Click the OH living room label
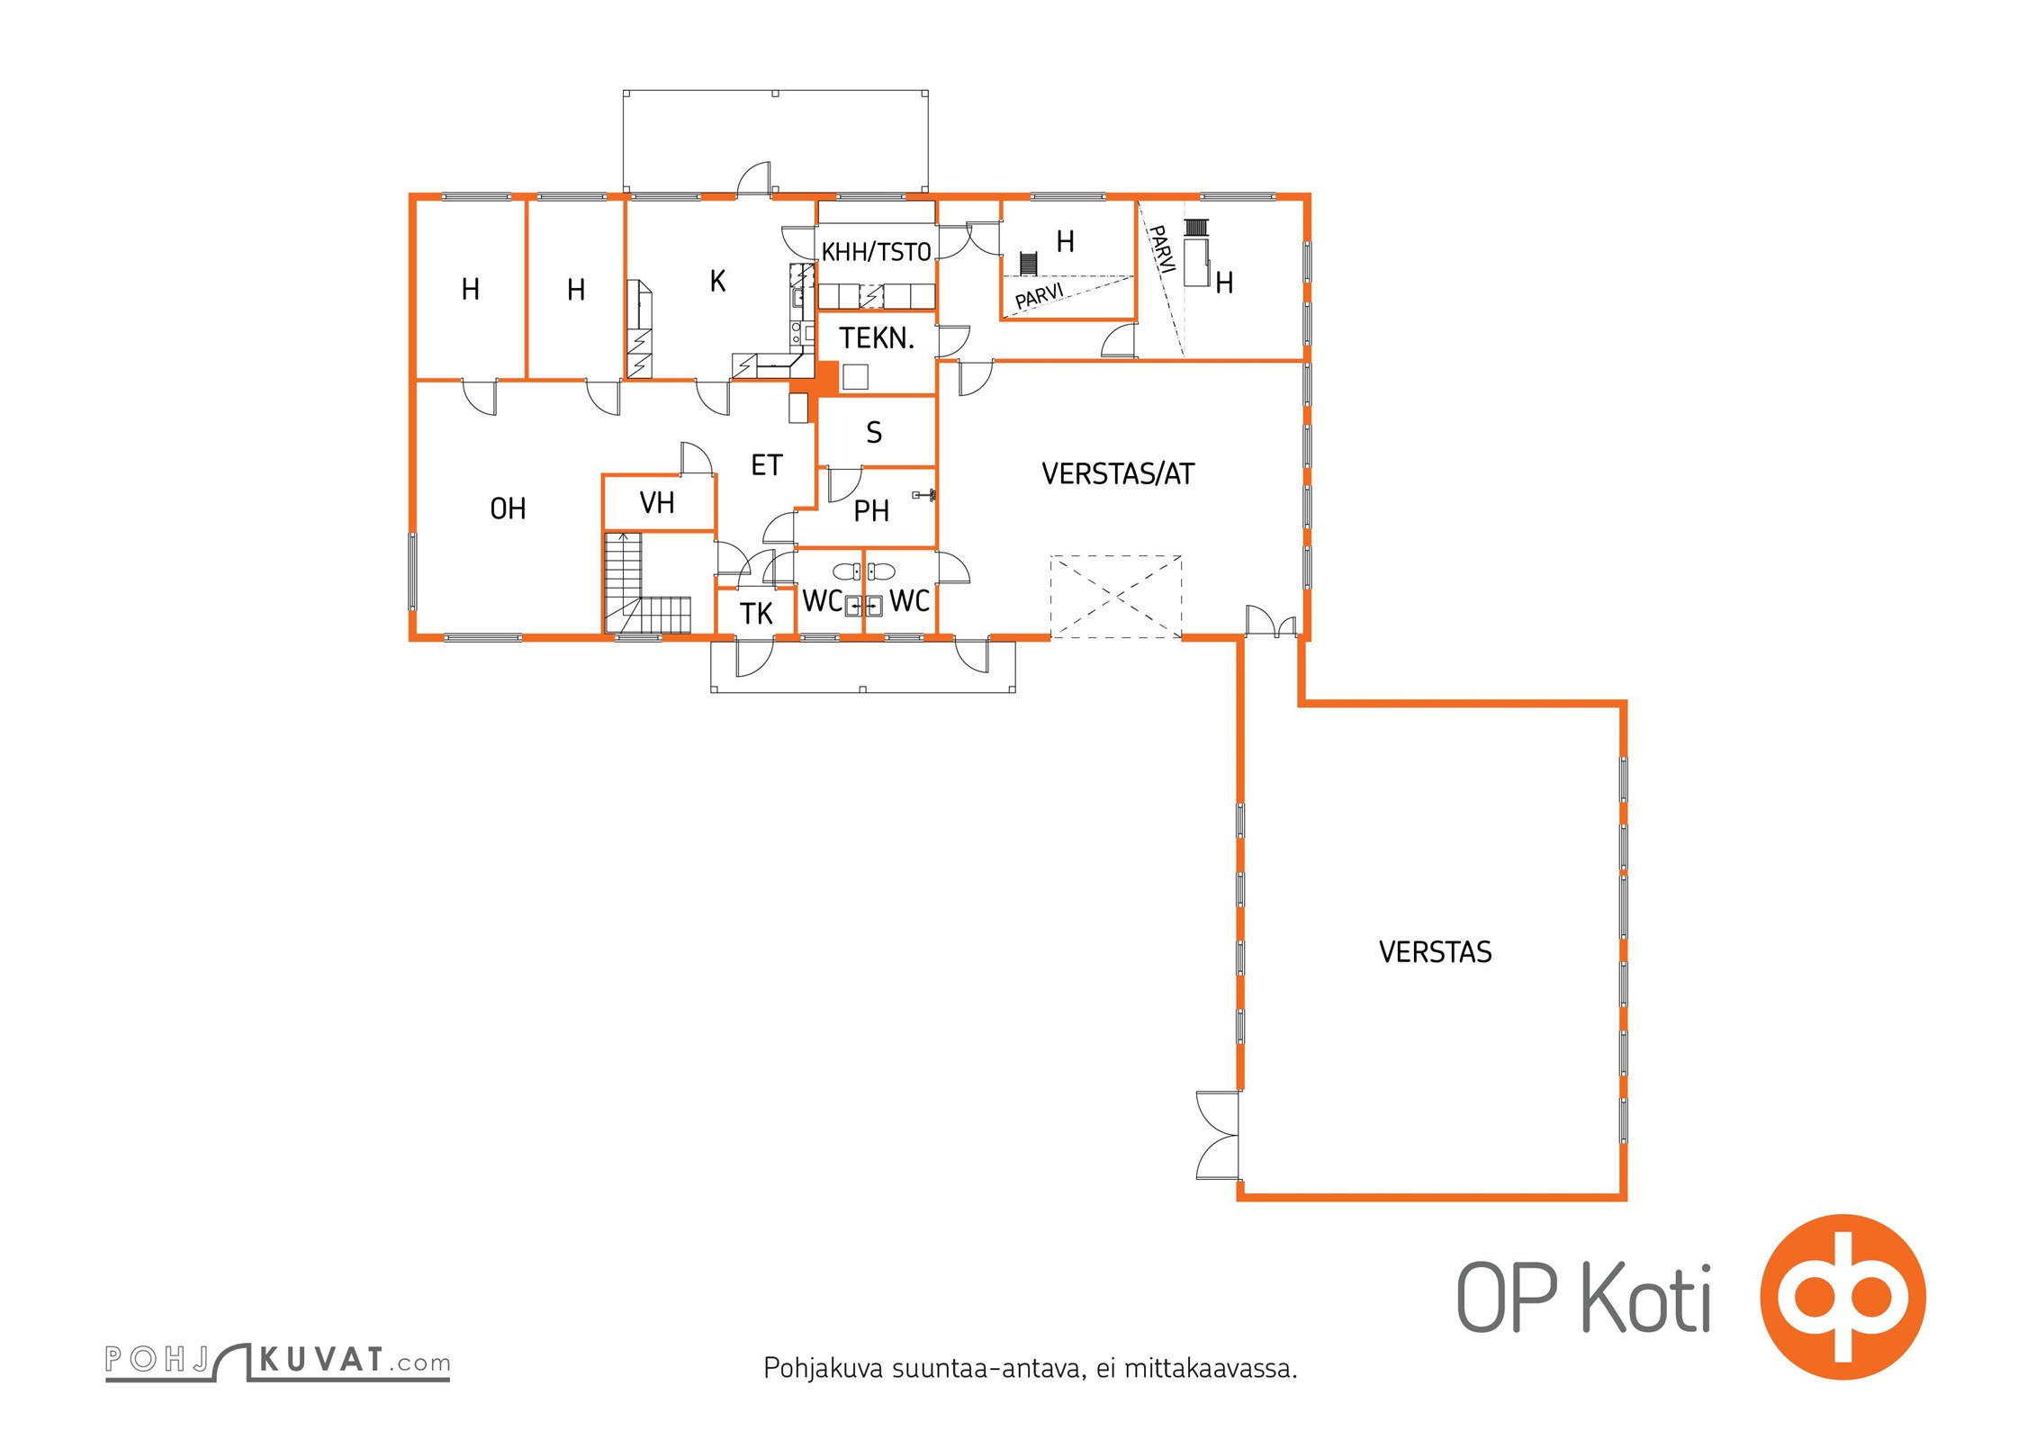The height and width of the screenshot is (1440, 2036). tap(508, 509)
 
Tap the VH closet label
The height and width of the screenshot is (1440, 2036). tap(657, 502)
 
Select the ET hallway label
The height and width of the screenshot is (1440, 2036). tap(767, 465)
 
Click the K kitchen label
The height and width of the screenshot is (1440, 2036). tap(717, 281)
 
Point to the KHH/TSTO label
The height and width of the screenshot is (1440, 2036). tap(876, 251)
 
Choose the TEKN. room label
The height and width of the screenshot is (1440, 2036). tap(877, 338)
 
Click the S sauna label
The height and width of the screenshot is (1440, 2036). tap(874, 433)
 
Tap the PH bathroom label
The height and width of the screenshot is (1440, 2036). tap(871, 511)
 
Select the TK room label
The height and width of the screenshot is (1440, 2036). tap(756, 614)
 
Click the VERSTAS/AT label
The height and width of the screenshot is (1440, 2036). tap(1118, 473)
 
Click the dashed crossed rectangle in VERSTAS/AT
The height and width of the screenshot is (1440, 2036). tap(1116, 597)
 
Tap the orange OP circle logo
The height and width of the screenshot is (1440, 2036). tap(1842, 1297)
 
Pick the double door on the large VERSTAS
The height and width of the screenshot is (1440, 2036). tap(1218, 1135)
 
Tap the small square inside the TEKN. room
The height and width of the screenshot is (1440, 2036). tap(855, 377)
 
